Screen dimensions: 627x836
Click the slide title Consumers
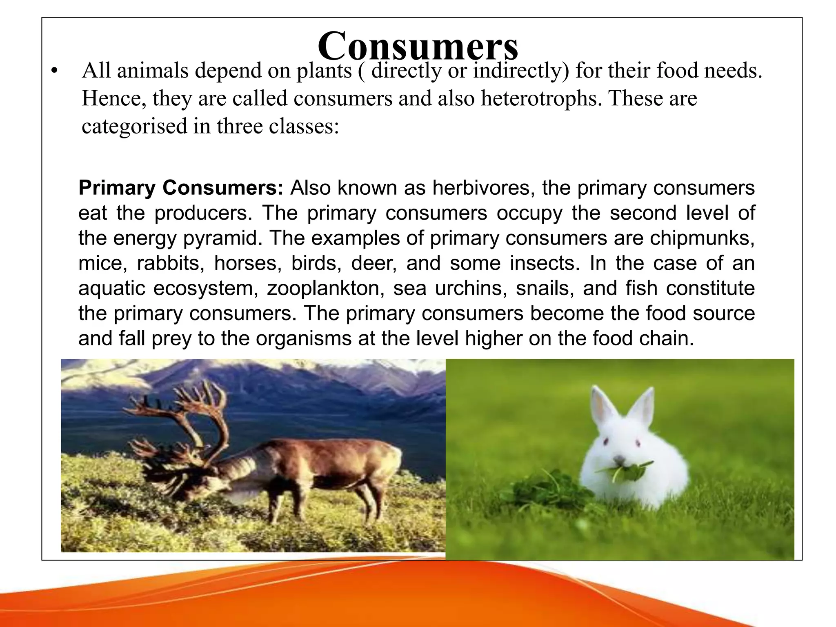tap(418, 46)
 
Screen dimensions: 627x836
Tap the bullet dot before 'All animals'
tap(53, 72)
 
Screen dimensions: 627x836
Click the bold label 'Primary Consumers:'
tap(181, 188)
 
